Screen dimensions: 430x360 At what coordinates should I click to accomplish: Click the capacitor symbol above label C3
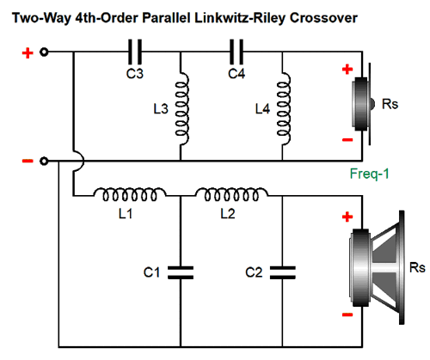click(135, 52)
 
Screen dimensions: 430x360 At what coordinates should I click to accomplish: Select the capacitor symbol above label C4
click(236, 52)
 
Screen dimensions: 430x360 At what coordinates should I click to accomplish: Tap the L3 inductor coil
click(182, 109)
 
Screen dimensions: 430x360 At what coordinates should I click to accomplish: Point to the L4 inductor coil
click(284, 109)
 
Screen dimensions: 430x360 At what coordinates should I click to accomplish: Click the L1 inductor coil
click(130, 194)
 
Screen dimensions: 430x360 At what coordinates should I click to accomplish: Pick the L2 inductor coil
click(231, 194)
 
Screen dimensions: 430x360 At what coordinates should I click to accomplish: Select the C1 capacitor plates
click(181, 272)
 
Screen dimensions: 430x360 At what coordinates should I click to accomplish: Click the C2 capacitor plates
click(282, 272)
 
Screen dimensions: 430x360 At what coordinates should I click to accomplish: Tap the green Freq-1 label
click(369, 174)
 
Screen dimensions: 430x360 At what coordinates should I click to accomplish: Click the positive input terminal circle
click(44, 52)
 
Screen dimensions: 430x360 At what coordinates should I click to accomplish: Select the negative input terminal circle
click(44, 162)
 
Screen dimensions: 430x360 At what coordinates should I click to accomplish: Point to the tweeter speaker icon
click(363, 104)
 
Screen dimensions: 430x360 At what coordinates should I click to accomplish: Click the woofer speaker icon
click(377, 268)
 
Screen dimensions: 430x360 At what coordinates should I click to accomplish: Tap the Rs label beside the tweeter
click(390, 104)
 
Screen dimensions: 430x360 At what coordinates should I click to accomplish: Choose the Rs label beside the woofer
click(417, 267)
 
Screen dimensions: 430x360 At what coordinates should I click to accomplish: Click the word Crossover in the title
click(323, 18)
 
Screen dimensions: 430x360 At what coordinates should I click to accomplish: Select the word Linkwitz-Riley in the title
click(240, 18)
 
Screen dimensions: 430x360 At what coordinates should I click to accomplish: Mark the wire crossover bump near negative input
click(78, 161)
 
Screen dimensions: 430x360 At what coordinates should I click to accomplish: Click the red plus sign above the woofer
click(347, 217)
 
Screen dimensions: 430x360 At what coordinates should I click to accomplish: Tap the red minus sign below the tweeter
click(347, 140)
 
